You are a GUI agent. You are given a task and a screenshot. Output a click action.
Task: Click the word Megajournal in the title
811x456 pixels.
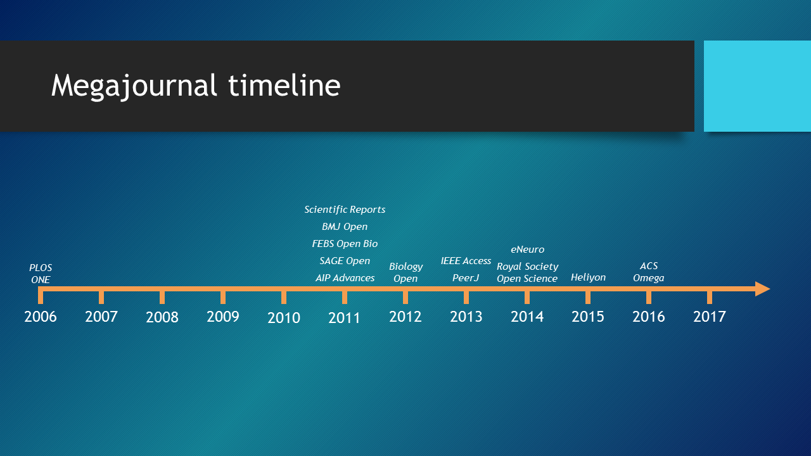coord(134,87)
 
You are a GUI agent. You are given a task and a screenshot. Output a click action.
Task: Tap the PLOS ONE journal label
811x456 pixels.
coord(41,274)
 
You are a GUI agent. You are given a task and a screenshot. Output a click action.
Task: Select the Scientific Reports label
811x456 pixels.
coord(345,209)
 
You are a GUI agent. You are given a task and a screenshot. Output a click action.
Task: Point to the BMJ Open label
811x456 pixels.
coord(345,227)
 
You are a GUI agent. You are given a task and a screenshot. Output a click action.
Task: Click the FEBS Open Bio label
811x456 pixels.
coord(345,244)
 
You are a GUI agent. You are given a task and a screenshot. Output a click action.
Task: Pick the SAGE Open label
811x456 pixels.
coord(345,260)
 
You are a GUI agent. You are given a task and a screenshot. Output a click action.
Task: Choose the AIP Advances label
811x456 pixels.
coord(345,277)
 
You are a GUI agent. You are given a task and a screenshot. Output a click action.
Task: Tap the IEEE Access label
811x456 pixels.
coord(466,260)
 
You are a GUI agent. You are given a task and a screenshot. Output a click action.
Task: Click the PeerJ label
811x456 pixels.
coord(466,277)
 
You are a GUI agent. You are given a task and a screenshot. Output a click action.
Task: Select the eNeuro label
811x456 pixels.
coord(528,250)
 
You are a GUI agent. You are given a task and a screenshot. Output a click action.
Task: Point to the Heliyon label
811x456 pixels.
coord(589,277)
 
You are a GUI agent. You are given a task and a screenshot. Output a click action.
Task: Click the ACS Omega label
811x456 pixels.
coord(648,272)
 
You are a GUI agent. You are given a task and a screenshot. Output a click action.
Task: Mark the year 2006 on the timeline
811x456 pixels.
coord(41,317)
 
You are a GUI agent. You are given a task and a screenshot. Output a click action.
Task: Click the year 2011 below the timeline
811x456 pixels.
coord(344,318)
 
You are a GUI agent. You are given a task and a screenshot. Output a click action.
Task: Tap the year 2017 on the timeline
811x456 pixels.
coord(710,317)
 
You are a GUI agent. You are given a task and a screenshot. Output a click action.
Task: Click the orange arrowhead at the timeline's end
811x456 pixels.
coord(762,289)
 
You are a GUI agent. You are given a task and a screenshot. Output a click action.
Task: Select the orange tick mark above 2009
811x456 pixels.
coord(223,297)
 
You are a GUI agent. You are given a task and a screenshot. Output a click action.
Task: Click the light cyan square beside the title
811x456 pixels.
coord(757,86)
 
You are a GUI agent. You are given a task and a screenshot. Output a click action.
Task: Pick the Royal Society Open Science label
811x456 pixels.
coord(528,272)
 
